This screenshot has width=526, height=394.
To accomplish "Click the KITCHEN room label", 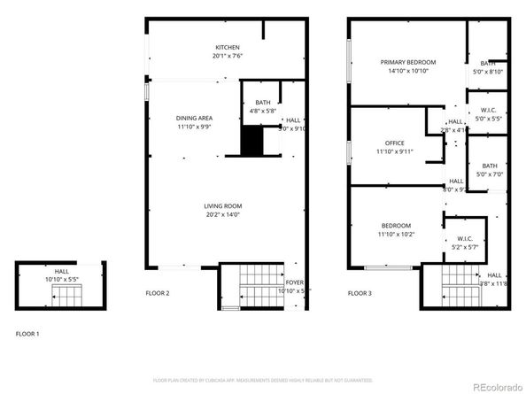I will tap(228, 47).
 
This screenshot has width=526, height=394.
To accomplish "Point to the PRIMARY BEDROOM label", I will tap(408, 62).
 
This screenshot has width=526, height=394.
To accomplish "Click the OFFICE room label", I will tap(394, 143).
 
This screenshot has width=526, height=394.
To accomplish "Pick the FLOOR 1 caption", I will tap(27, 334).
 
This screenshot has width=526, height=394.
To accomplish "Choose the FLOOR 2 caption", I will tap(158, 292).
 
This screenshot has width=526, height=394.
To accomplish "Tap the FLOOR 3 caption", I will tap(359, 292).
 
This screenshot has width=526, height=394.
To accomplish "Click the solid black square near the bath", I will tap(252, 139).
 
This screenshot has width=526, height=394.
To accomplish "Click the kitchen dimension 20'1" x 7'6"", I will tap(228, 56).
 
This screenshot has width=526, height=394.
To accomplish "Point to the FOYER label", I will tap(292, 282).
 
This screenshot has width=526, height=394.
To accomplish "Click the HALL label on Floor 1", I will tap(61, 272).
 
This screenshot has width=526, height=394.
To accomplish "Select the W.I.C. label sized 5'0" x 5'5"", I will tap(488, 110).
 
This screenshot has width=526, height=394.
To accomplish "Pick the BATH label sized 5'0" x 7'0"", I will tap(489, 166).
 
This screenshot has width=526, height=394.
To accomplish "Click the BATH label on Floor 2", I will tap(263, 103).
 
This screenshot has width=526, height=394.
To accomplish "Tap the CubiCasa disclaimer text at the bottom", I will tap(263, 380).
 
